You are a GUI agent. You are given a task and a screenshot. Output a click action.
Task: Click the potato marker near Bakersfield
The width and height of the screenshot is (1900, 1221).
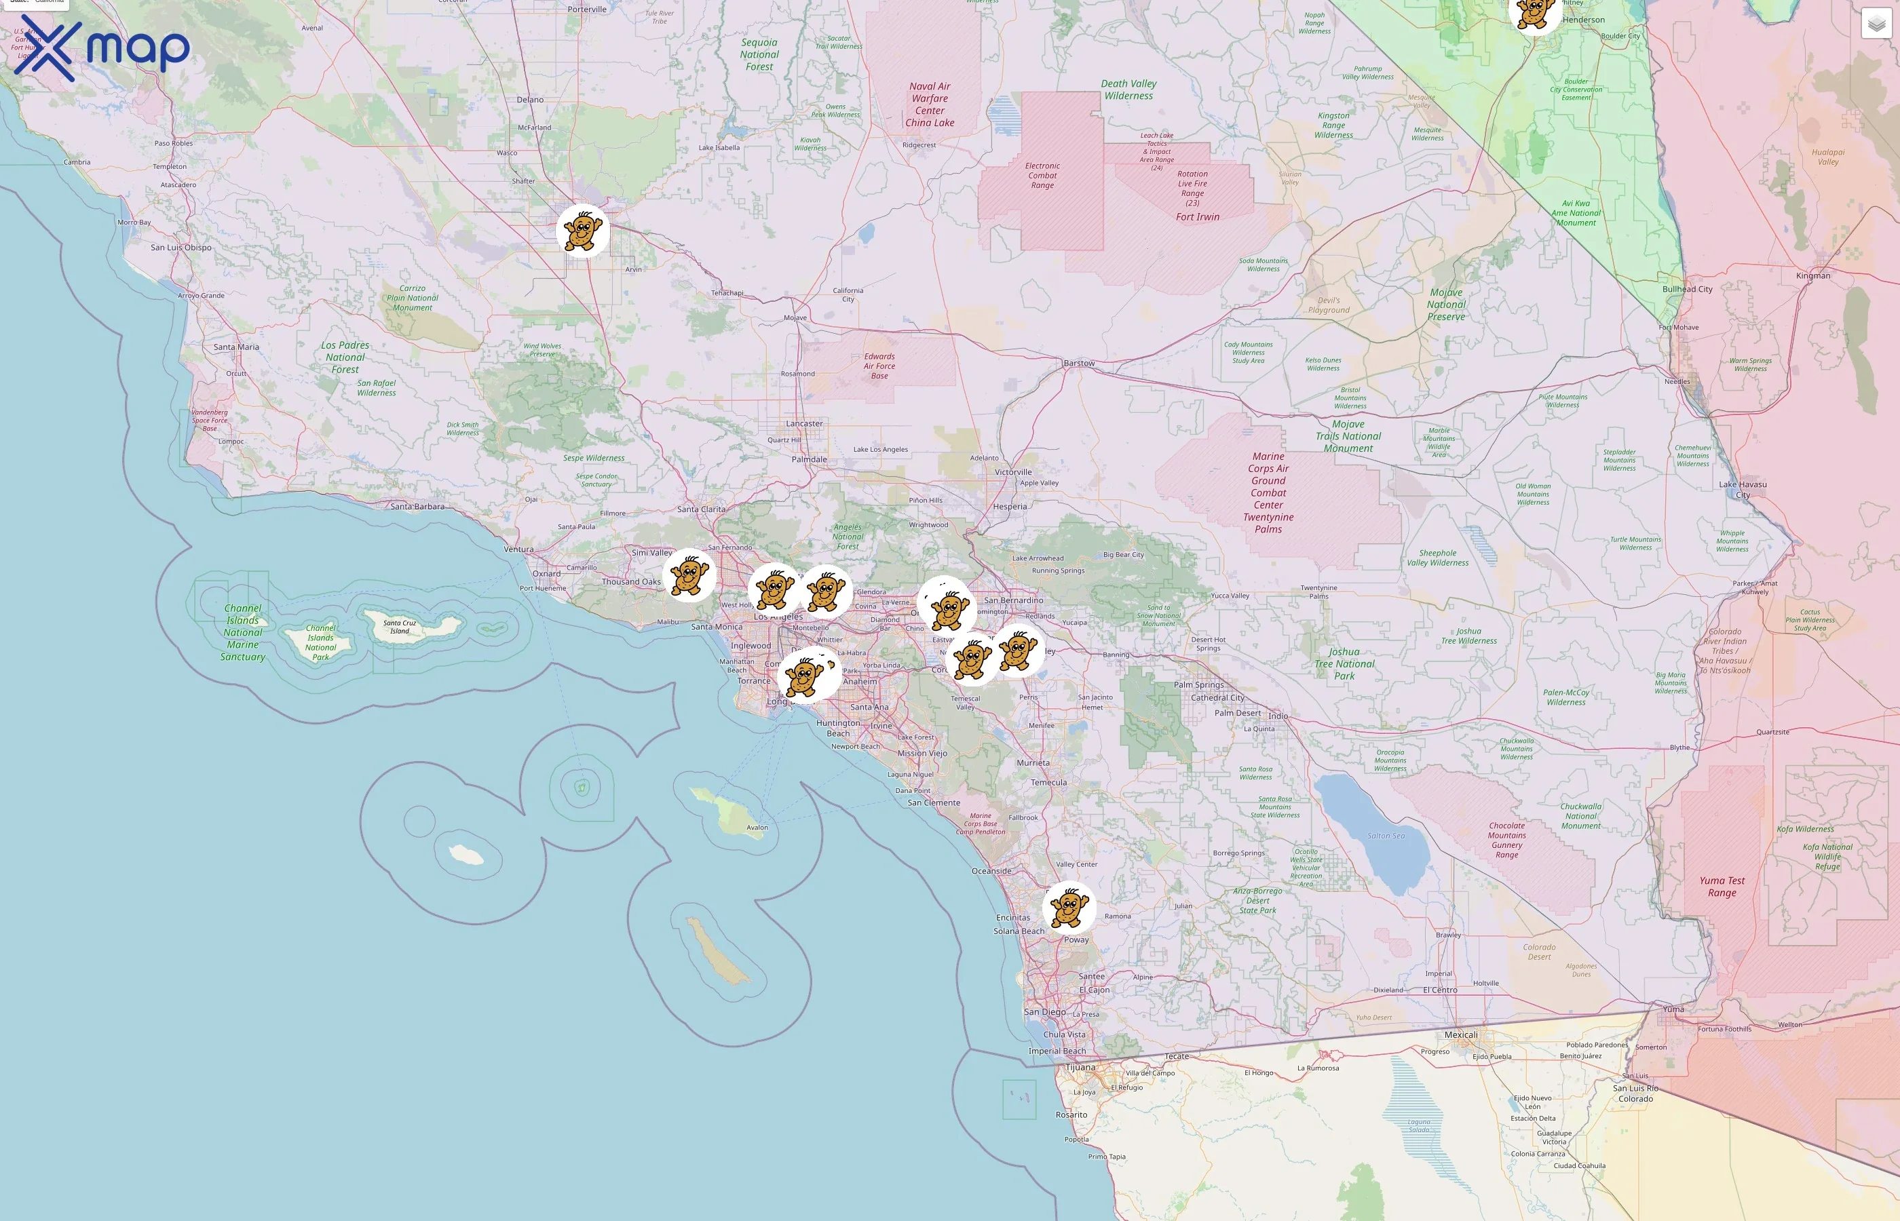point(583,231)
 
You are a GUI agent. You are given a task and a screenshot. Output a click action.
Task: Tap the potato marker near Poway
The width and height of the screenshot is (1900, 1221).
point(1069,908)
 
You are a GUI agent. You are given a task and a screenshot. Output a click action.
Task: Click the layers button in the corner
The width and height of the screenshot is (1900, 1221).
point(1876,24)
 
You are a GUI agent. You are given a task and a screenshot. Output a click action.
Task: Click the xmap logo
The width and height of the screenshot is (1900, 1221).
point(102,47)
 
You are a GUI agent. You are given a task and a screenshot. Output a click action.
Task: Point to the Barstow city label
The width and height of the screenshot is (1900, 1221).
point(1078,363)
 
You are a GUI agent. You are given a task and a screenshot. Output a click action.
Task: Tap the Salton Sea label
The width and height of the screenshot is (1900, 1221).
point(1386,836)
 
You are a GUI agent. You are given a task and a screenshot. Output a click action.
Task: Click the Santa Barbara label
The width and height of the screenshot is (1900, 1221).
point(417,507)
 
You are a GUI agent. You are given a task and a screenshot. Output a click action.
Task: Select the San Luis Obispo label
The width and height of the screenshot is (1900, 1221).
point(180,248)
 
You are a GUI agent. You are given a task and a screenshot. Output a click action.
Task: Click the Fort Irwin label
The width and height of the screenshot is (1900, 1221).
point(1198,217)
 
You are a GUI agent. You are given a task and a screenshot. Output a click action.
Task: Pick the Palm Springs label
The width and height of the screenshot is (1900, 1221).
point(1198,685)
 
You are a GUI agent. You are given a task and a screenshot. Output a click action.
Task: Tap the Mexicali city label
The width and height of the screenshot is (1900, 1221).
point(1461,1034)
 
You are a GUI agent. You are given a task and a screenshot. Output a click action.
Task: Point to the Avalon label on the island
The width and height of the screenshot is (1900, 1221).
point(757,828)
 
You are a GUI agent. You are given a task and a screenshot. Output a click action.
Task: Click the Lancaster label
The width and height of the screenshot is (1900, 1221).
point(804,423)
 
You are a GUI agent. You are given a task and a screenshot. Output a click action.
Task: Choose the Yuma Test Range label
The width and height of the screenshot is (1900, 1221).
point(1722,887)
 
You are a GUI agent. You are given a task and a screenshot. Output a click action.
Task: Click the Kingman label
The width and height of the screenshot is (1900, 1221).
point(1812,276)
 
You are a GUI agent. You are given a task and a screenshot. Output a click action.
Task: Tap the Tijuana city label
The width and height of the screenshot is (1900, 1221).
point(1080,1067)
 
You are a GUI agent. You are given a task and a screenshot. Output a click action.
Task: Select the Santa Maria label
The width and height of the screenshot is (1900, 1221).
point(236,347)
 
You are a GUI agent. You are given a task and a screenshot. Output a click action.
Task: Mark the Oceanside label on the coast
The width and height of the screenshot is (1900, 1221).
point(991,870)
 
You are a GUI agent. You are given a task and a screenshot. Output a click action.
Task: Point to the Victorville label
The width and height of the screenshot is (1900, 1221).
point(1013,471)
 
